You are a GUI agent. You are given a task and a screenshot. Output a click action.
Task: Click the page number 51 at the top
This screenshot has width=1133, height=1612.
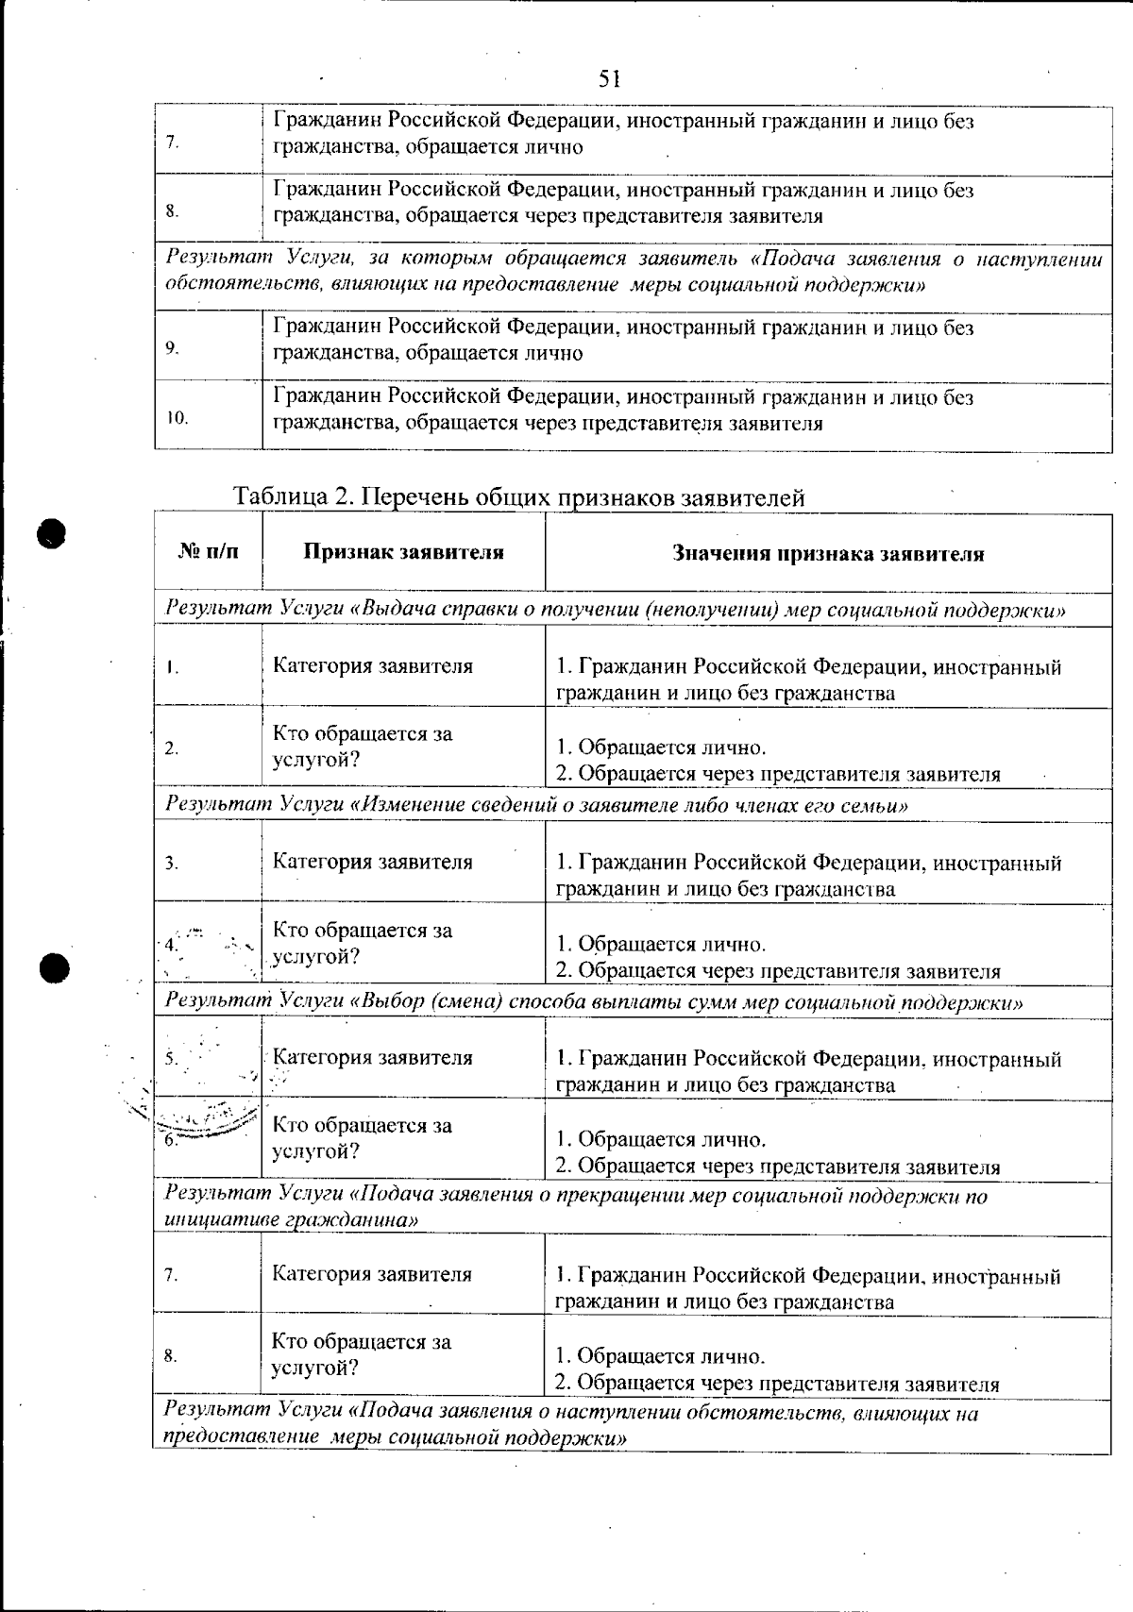point(609,79)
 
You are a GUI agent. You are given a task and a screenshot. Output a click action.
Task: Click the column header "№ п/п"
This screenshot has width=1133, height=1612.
point(208,552)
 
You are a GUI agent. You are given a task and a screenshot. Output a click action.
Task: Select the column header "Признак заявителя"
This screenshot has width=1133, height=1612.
point(403,553)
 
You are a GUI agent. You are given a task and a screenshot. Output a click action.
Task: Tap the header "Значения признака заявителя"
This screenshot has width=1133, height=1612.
point(828,554)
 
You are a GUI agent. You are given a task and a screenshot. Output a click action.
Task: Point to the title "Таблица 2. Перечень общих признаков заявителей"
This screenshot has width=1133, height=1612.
point(519,496)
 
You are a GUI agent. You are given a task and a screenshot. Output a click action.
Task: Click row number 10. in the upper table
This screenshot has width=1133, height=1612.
point(178,417)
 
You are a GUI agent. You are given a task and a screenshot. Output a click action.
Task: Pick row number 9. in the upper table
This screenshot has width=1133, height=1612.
point(172,348)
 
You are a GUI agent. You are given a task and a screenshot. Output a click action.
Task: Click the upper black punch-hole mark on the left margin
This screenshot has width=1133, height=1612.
point(53,533)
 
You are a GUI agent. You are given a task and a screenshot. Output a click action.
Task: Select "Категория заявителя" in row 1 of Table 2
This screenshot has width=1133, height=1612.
point(373,666)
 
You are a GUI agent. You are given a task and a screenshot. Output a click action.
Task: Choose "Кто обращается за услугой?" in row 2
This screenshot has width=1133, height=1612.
point(363,747)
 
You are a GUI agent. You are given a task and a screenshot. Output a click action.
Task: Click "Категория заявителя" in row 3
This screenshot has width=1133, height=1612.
point(373,862)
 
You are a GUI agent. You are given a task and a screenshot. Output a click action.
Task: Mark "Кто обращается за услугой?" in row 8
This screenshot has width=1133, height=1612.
point(362,1354)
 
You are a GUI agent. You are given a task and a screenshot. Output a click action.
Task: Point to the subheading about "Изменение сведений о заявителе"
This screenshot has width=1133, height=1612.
point(536,805)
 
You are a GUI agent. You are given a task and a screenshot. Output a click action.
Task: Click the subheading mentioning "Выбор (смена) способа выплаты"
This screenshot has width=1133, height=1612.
point(594,1001)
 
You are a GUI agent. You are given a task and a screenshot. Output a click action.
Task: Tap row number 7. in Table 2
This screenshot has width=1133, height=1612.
point(171,1275)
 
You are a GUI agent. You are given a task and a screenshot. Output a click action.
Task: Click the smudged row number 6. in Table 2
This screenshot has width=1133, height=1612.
point(171,1140)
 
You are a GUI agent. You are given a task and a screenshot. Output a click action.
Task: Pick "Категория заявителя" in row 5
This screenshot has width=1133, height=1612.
point(373,1058)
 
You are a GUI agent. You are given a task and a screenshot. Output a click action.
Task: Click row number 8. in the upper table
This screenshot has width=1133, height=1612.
point(172,211)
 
